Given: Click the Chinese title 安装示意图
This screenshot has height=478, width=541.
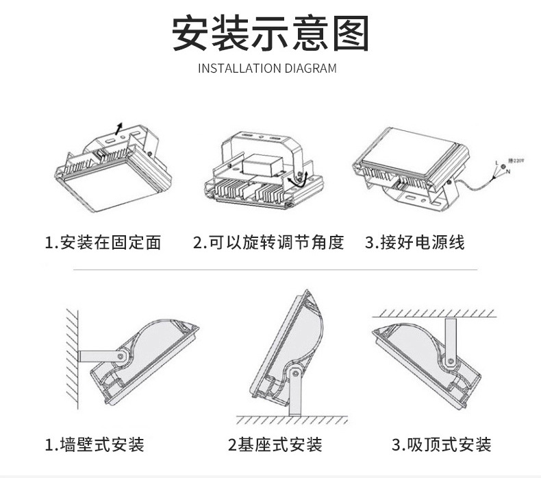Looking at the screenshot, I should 270,33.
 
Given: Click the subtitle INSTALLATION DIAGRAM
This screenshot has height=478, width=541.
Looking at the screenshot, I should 267,69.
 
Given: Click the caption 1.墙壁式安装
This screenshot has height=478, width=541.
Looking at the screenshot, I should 95,444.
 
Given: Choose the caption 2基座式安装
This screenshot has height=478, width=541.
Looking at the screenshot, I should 274,444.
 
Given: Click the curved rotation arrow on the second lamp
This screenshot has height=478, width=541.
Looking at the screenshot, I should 297,180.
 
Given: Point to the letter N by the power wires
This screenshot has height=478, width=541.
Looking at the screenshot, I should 509,170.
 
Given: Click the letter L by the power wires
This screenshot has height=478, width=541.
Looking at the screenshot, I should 496,163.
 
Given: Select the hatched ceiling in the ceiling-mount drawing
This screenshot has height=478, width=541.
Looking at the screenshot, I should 438,313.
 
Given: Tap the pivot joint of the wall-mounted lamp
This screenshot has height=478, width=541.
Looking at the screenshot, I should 122,356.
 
